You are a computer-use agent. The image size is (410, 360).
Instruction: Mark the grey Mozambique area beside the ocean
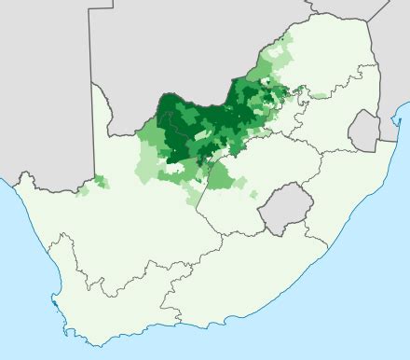[387, 56]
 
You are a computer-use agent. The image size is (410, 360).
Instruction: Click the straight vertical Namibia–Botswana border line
[91, 47]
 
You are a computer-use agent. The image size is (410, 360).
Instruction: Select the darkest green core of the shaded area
[172, 117]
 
